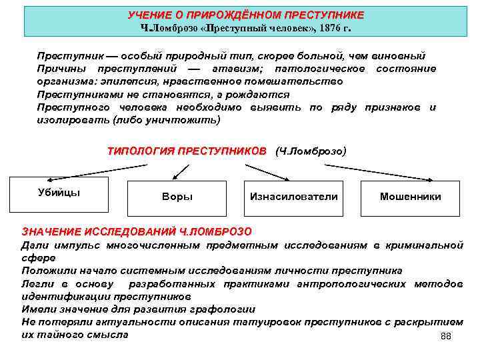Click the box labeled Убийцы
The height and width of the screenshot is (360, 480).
click(59, 193)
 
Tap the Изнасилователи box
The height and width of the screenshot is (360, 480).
click(293, 197)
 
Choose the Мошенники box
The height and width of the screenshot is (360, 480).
click(410, 197)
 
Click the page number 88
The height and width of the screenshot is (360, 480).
click(446, 336)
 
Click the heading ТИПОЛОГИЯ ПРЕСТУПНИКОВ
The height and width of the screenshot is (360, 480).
click(186, 151)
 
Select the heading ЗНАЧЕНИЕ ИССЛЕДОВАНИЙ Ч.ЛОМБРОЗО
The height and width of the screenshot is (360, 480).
click(137, 232)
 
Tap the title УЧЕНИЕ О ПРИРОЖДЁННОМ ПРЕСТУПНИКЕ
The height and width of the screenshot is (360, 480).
click(246, 15)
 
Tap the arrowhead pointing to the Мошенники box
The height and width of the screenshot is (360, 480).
click(432, 179)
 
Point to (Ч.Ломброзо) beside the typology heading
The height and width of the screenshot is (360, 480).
click(311, 151)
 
